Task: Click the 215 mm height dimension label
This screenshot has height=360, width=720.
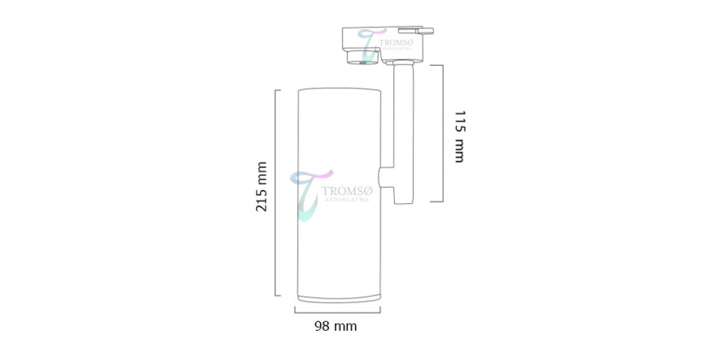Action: tap(262, 187)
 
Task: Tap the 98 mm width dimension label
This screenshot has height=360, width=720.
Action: tap(336, 326)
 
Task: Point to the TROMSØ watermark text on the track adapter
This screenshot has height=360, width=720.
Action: tap(397, 43)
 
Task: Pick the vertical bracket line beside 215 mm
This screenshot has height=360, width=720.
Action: tap(276, 193)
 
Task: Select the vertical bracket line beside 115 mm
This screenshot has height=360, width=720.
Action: tap(443, 133)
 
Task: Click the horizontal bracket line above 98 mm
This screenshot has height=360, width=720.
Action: tap(337, 312)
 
